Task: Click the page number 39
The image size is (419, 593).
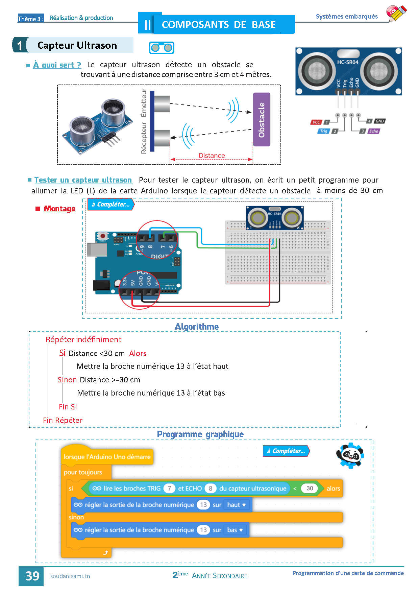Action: (32, 576)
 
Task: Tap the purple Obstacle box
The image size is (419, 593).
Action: (262, 119)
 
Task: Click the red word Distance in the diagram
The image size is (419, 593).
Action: (212, 156)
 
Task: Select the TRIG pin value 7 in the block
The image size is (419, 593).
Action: (169, 488)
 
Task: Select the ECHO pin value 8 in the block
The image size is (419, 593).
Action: (210, 488)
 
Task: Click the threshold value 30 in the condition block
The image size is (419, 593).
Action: (310, 488)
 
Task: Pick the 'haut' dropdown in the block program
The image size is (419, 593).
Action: (236, 505)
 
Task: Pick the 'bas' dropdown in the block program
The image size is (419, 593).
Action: (235, 530)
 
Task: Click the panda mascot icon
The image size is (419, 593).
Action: (350, 455)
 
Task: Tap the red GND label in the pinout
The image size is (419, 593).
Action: (379, 121)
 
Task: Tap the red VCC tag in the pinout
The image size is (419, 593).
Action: (316, 122)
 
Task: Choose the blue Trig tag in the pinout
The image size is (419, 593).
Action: (323, 131)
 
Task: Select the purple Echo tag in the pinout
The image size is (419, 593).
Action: (373, 131)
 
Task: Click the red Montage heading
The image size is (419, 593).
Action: (59, 209)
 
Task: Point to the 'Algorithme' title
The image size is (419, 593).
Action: (197, 327)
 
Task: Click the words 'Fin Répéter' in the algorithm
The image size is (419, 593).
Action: (63, 420)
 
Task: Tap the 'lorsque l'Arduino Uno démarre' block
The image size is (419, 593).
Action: (107, 457)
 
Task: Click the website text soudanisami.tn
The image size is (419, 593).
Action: (70, 576)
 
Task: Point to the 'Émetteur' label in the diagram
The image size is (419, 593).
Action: (144, 103)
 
